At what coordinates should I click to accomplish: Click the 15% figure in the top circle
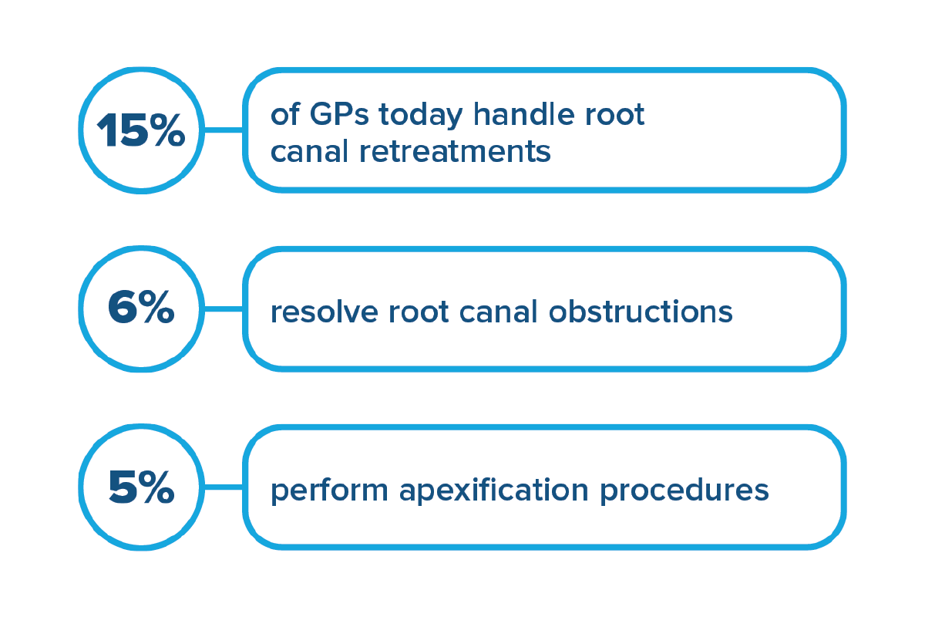[x=141, y=130]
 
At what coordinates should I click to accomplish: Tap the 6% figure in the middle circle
[x=141, y=307]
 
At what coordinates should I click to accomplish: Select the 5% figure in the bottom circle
[x=141, y=487]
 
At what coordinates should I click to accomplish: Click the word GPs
[x=338, y=114]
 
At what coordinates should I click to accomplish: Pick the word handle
[x=523, y=113]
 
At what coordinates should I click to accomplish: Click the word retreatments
[x=455, y=152]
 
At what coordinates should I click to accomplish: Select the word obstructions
[x=641, y=311]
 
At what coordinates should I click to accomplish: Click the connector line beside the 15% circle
[x=224, y=130]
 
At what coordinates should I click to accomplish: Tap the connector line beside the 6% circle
[x=224, y=308]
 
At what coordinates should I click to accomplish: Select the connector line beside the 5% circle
[x=224, y=487]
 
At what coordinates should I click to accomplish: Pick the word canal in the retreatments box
[x=309, y=151]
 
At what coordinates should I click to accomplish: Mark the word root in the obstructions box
[x=419, y=312]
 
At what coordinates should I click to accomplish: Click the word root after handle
[x=614, y=115]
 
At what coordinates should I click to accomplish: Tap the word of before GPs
[x=285, y=113]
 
